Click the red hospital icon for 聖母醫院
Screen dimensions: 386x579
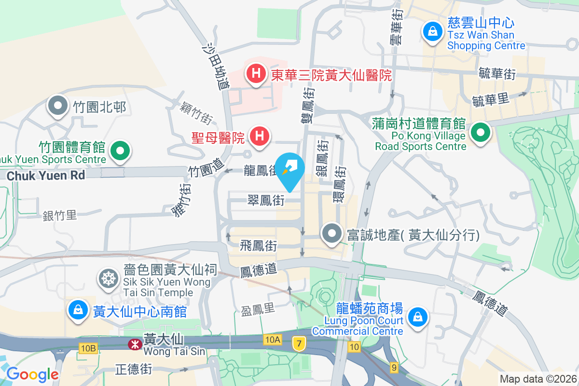(259, 136)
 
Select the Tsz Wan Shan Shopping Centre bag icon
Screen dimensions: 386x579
(433, 32)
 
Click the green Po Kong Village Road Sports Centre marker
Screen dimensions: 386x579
(481, 133)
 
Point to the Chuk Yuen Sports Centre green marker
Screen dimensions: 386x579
(120, 151)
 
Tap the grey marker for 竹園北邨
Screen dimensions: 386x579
(58, 106)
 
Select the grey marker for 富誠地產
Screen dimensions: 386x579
(331, 234)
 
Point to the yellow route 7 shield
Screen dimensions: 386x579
(299, 344)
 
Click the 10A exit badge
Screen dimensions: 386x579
(273, 340)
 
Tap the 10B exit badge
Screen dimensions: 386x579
(89, 348)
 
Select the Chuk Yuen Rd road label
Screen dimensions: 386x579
(46, 175)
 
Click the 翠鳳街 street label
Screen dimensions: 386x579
(265, 200)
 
